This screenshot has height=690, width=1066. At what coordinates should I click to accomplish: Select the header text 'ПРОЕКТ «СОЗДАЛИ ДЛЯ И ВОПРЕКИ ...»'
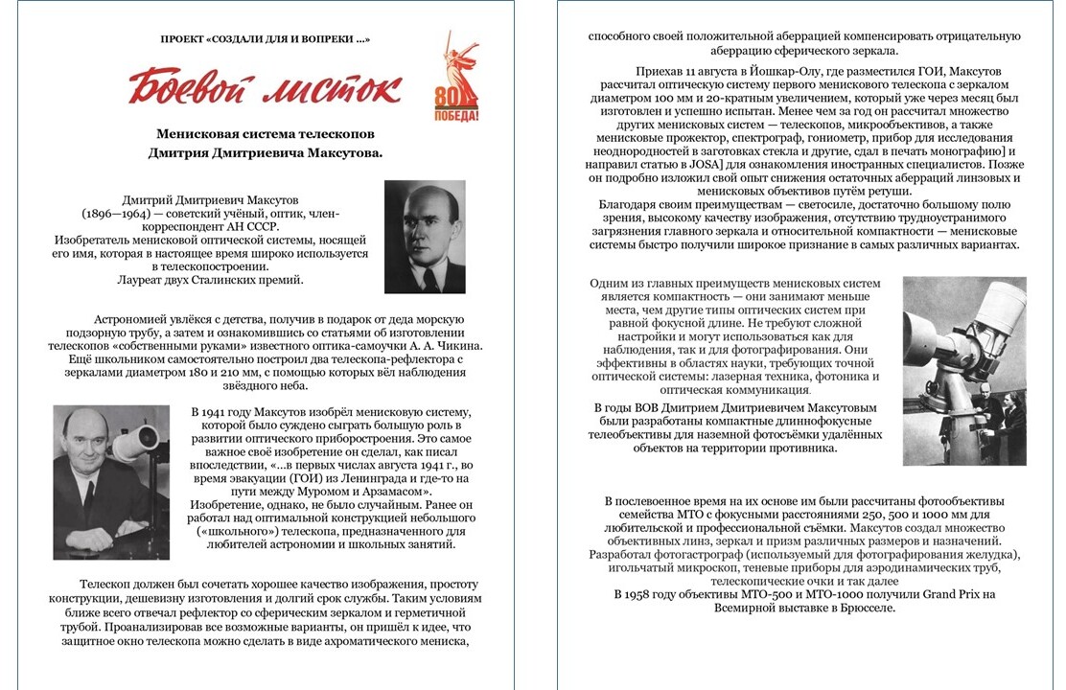(x=266, y=38)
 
